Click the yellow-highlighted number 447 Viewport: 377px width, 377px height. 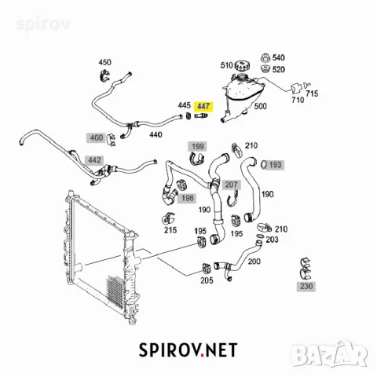(x=203, y=106)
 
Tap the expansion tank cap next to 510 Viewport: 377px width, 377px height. (x=242, y=65)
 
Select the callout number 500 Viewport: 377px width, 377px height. (x=261, y=106)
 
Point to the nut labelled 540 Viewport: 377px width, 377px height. (x=265, y=58)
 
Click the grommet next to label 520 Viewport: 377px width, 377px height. (x=265, y=69)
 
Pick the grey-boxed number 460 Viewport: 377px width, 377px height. (x=97, y=137)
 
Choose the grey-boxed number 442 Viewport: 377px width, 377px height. (x=94, y=160)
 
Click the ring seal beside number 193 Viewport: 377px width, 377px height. (x=264, y=165)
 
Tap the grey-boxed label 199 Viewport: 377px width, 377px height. (x=198, y=147)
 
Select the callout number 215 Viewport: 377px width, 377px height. (x=170, y=230)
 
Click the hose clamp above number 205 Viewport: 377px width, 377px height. (x=207, y=268)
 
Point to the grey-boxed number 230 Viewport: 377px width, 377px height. (x=306, y=286)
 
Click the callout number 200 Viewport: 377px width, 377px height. (x=254, y=262)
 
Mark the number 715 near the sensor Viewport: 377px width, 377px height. (x=312, y=93)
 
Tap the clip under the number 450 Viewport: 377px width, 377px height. (x=104, y=75)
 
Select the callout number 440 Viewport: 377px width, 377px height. (x=156, y=134)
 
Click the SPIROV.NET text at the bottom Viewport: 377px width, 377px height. (x=188, y=350)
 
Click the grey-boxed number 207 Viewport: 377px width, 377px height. (x=232, y=185)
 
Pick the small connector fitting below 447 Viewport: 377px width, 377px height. (x=201, y=115)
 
